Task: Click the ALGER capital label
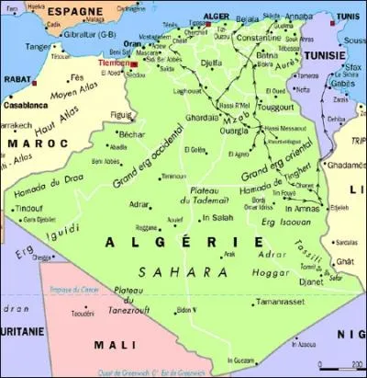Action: point(216,16)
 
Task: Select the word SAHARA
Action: point(183,271)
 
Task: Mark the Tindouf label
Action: point(28,208)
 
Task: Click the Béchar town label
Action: point(132,133)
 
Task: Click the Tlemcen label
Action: point(117,64)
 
